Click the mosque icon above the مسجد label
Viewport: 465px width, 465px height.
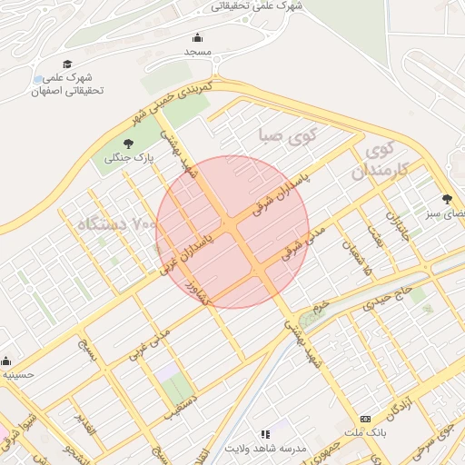(x=198, y=37)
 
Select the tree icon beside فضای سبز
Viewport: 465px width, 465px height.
(x=446, y=199)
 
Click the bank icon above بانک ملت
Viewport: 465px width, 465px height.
(x=365, y=419)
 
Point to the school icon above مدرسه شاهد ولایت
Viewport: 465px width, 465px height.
(x=265, y=435)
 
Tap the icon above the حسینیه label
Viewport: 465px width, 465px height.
(x=6, y=361)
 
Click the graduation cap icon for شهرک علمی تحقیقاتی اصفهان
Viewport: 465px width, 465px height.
(x=67, y=64)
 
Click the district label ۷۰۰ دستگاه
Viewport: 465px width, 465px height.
(x=108, y=223)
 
